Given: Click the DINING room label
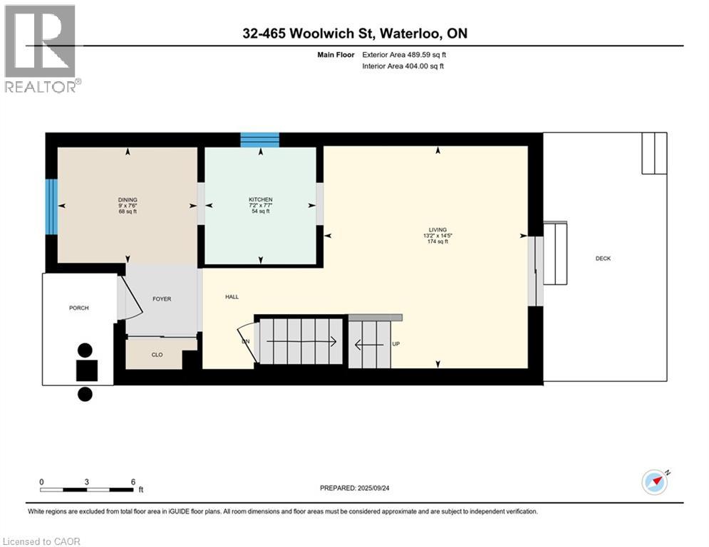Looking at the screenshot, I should pos(128,199).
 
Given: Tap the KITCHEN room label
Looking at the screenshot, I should pos(260,199).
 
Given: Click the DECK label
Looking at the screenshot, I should pos(603,259).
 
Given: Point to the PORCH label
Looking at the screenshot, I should pos(78,308).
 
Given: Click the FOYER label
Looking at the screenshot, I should pos(162,299).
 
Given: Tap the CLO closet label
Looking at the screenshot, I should pos(157,355).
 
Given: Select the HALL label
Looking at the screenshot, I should pos(232,297).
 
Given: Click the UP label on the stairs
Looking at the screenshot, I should pos(396,344).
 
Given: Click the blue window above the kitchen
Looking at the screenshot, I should pos(259,140).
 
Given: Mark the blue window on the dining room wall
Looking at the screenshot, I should pos(51,207).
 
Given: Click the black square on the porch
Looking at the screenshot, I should pos(87,370).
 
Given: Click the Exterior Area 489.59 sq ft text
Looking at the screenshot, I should pos(404,54).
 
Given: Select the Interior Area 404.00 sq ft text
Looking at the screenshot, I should pos(404,66).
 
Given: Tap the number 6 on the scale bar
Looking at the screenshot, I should pos(133,481).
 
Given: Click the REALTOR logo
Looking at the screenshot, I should pos(41,48).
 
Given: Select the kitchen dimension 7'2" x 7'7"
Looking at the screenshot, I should pos(260,206).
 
